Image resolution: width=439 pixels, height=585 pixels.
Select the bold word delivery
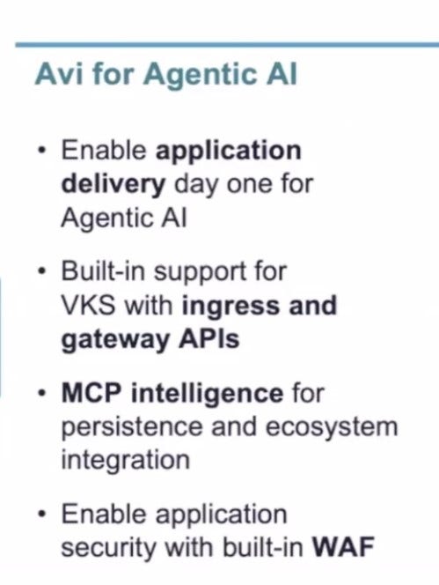coord(113,184)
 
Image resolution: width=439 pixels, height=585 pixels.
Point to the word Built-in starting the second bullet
coord(103,270)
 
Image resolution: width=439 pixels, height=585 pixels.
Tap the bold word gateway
coord(114,341)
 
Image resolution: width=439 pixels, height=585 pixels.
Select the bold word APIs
coord(209,338)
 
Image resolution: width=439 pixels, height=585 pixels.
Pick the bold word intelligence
coord(208,395)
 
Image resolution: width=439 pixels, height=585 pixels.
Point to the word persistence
coord(132,428)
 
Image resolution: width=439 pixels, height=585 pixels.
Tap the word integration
coord(125,461)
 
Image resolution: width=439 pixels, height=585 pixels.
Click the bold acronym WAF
coord(342,546)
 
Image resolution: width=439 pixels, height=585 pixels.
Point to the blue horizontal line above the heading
coord(227,45)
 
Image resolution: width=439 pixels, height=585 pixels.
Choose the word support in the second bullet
coord(200,274)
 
